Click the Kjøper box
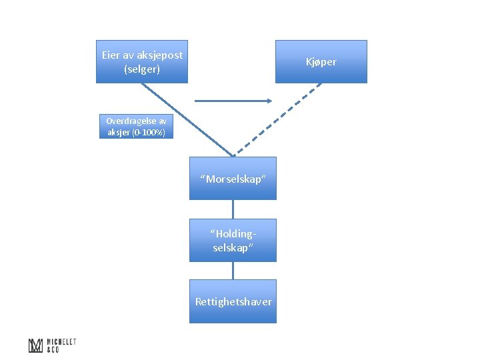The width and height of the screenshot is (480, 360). pyautogui.click(x=321, y=61)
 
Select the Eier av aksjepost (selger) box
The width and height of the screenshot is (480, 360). pyautogui.click(x=142, y=61)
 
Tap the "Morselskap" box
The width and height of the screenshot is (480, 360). pyautogui.click(x=233, y=179)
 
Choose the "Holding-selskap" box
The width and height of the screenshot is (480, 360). pyautogui.click(x=233, y=240)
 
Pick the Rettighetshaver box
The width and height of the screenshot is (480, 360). pyautogui.click(x=233, y=301)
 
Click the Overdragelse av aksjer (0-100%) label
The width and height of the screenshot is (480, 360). pyautogui.click(x=136, y=127)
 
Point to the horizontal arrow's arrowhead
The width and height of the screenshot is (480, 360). pyautogui.click(x=270, y=101)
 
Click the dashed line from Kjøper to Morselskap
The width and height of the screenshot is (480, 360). pyautogui.click(x=277, y=120)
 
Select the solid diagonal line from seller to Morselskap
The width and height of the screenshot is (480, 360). pyautogui.click(x=187, y=120)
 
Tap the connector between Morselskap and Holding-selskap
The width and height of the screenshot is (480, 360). pyautogui.click(x=233, y=209)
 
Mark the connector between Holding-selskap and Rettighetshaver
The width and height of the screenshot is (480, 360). pyautogui.click(x=233, y=271)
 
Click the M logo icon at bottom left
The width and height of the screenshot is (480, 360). pyautogui.click(x=35, y=345)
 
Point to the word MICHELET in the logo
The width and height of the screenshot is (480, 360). pyautogui.click(x=61, y=342)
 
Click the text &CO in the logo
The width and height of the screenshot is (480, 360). pyautogui.click(x=53, y=349)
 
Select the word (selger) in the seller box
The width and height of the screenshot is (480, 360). pyautogui.click(x=142, y=69)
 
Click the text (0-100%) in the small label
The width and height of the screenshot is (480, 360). pyautogui.click(x=149, y=133)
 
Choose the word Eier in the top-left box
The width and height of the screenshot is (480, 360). pyautogui.click(x=110, y=55)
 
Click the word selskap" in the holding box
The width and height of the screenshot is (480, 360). pyautogui.click(x=233, y=247)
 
